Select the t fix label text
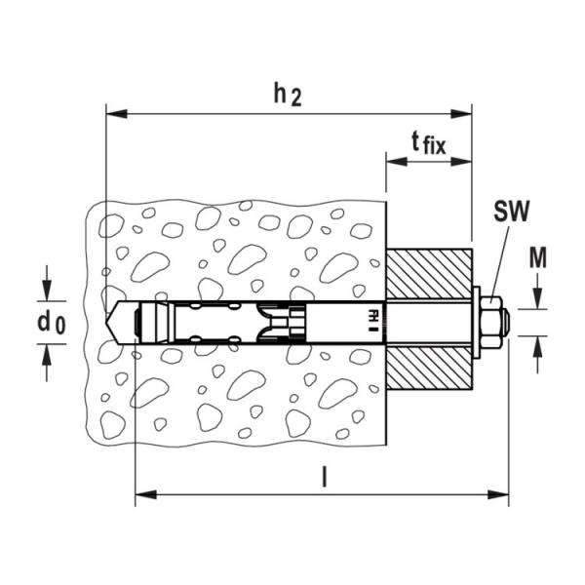pyautogui.click(x=427, y=146)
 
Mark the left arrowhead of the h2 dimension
pyautogui.click(x=110, y=114)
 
